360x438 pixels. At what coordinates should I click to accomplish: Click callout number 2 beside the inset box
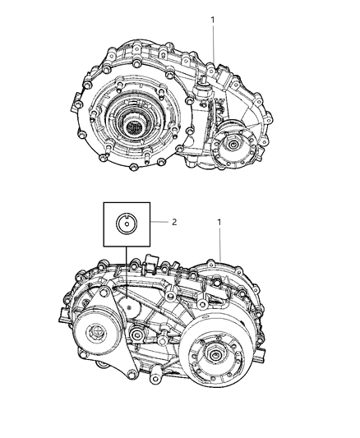tap(174, 221)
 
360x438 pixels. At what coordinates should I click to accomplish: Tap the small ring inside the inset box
tap(127, 223)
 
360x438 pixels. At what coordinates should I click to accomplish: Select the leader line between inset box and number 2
tap(159, 221)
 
